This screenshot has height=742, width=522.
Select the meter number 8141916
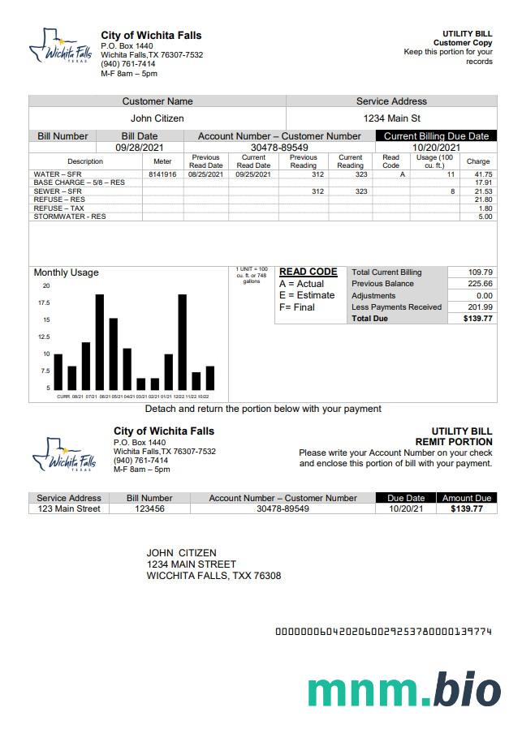point(162,174)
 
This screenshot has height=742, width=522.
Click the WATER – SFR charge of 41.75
point(483,174)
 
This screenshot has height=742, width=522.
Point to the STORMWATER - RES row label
point(70,217)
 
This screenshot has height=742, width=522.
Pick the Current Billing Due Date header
point(436,136)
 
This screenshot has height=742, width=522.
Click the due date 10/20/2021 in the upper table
point(436,148)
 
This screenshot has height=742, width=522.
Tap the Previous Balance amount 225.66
point(481,284)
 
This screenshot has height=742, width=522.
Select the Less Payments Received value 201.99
point(481,307)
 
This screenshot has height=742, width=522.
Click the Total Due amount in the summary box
point(478,319)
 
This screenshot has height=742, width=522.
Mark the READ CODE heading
point(308,272)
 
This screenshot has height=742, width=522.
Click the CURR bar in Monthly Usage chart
point(58,371)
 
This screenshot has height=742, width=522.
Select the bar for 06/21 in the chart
point(100,342)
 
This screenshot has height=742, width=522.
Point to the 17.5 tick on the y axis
point(44,302)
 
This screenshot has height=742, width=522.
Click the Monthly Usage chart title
point(66,272)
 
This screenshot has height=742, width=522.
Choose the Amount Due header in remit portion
point(467,498)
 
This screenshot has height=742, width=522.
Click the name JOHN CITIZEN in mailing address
point(181,553)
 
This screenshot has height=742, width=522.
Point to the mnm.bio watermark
point(403,690)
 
